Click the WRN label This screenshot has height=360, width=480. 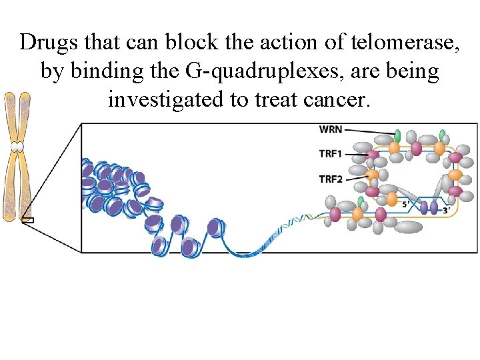click(331, 129)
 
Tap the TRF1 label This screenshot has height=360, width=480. click(331, 154)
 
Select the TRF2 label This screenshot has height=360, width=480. click(331, 179)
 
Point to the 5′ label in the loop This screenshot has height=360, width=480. click(407, 205)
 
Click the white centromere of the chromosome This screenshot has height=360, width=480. click(17, 147)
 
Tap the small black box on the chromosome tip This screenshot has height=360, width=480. click(27, 220)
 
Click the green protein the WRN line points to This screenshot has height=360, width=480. click(398, 136)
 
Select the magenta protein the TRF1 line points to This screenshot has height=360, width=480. click(373, 155)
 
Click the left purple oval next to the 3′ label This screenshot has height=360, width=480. click(424, 208)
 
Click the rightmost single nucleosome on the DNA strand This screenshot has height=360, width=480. click(215, 228)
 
